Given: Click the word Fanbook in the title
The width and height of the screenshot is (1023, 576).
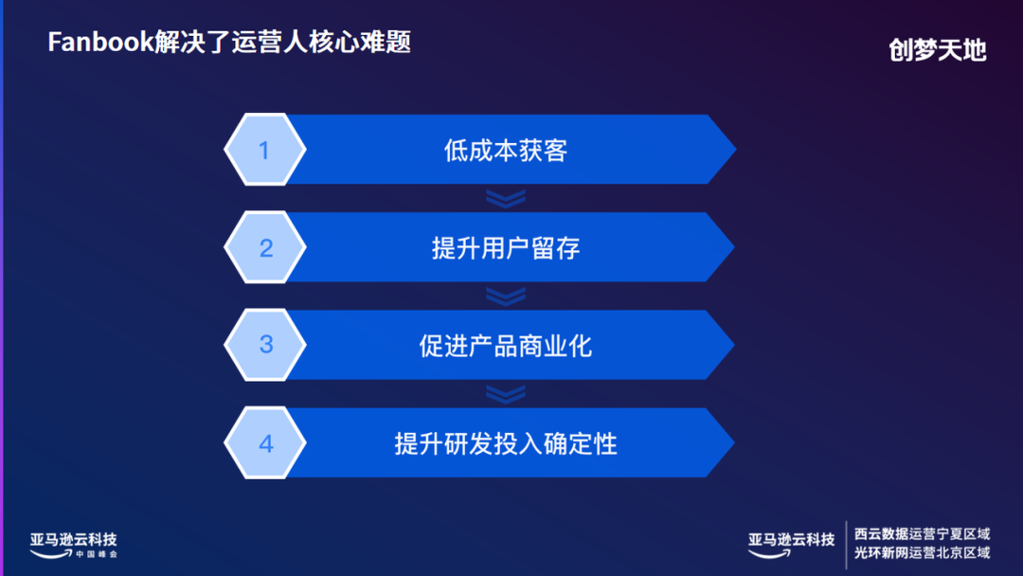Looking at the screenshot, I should point(99,44).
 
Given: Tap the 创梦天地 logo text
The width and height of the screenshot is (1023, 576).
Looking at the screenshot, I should point(938,50).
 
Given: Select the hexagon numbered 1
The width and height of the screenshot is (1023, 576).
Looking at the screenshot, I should point(265,150).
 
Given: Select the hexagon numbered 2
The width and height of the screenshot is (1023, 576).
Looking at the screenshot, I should point(265,248).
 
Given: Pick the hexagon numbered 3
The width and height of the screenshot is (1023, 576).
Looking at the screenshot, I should point(265,345).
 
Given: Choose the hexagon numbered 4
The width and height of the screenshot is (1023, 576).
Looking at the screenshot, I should point(265,443).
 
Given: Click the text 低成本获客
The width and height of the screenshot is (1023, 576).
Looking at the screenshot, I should point(505,151).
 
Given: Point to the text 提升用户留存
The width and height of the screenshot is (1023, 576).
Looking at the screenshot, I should point(505,248).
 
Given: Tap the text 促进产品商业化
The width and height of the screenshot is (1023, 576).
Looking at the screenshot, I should point(505,346).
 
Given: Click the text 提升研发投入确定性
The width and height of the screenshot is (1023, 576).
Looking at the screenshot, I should point(505,443).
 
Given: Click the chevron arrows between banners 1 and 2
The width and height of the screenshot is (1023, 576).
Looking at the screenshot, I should point(506,198).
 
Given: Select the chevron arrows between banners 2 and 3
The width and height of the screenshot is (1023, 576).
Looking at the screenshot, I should point(506,297).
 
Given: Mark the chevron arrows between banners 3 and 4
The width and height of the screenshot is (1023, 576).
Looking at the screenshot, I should point(506,394).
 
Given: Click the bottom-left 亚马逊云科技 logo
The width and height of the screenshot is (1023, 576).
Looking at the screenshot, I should point(73,542).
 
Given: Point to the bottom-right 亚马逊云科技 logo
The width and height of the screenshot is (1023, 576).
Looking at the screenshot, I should point(791,542).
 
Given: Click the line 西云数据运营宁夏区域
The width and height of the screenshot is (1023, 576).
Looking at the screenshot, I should point(922,534).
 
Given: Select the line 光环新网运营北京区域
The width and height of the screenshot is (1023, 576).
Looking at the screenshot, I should point(922,552).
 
